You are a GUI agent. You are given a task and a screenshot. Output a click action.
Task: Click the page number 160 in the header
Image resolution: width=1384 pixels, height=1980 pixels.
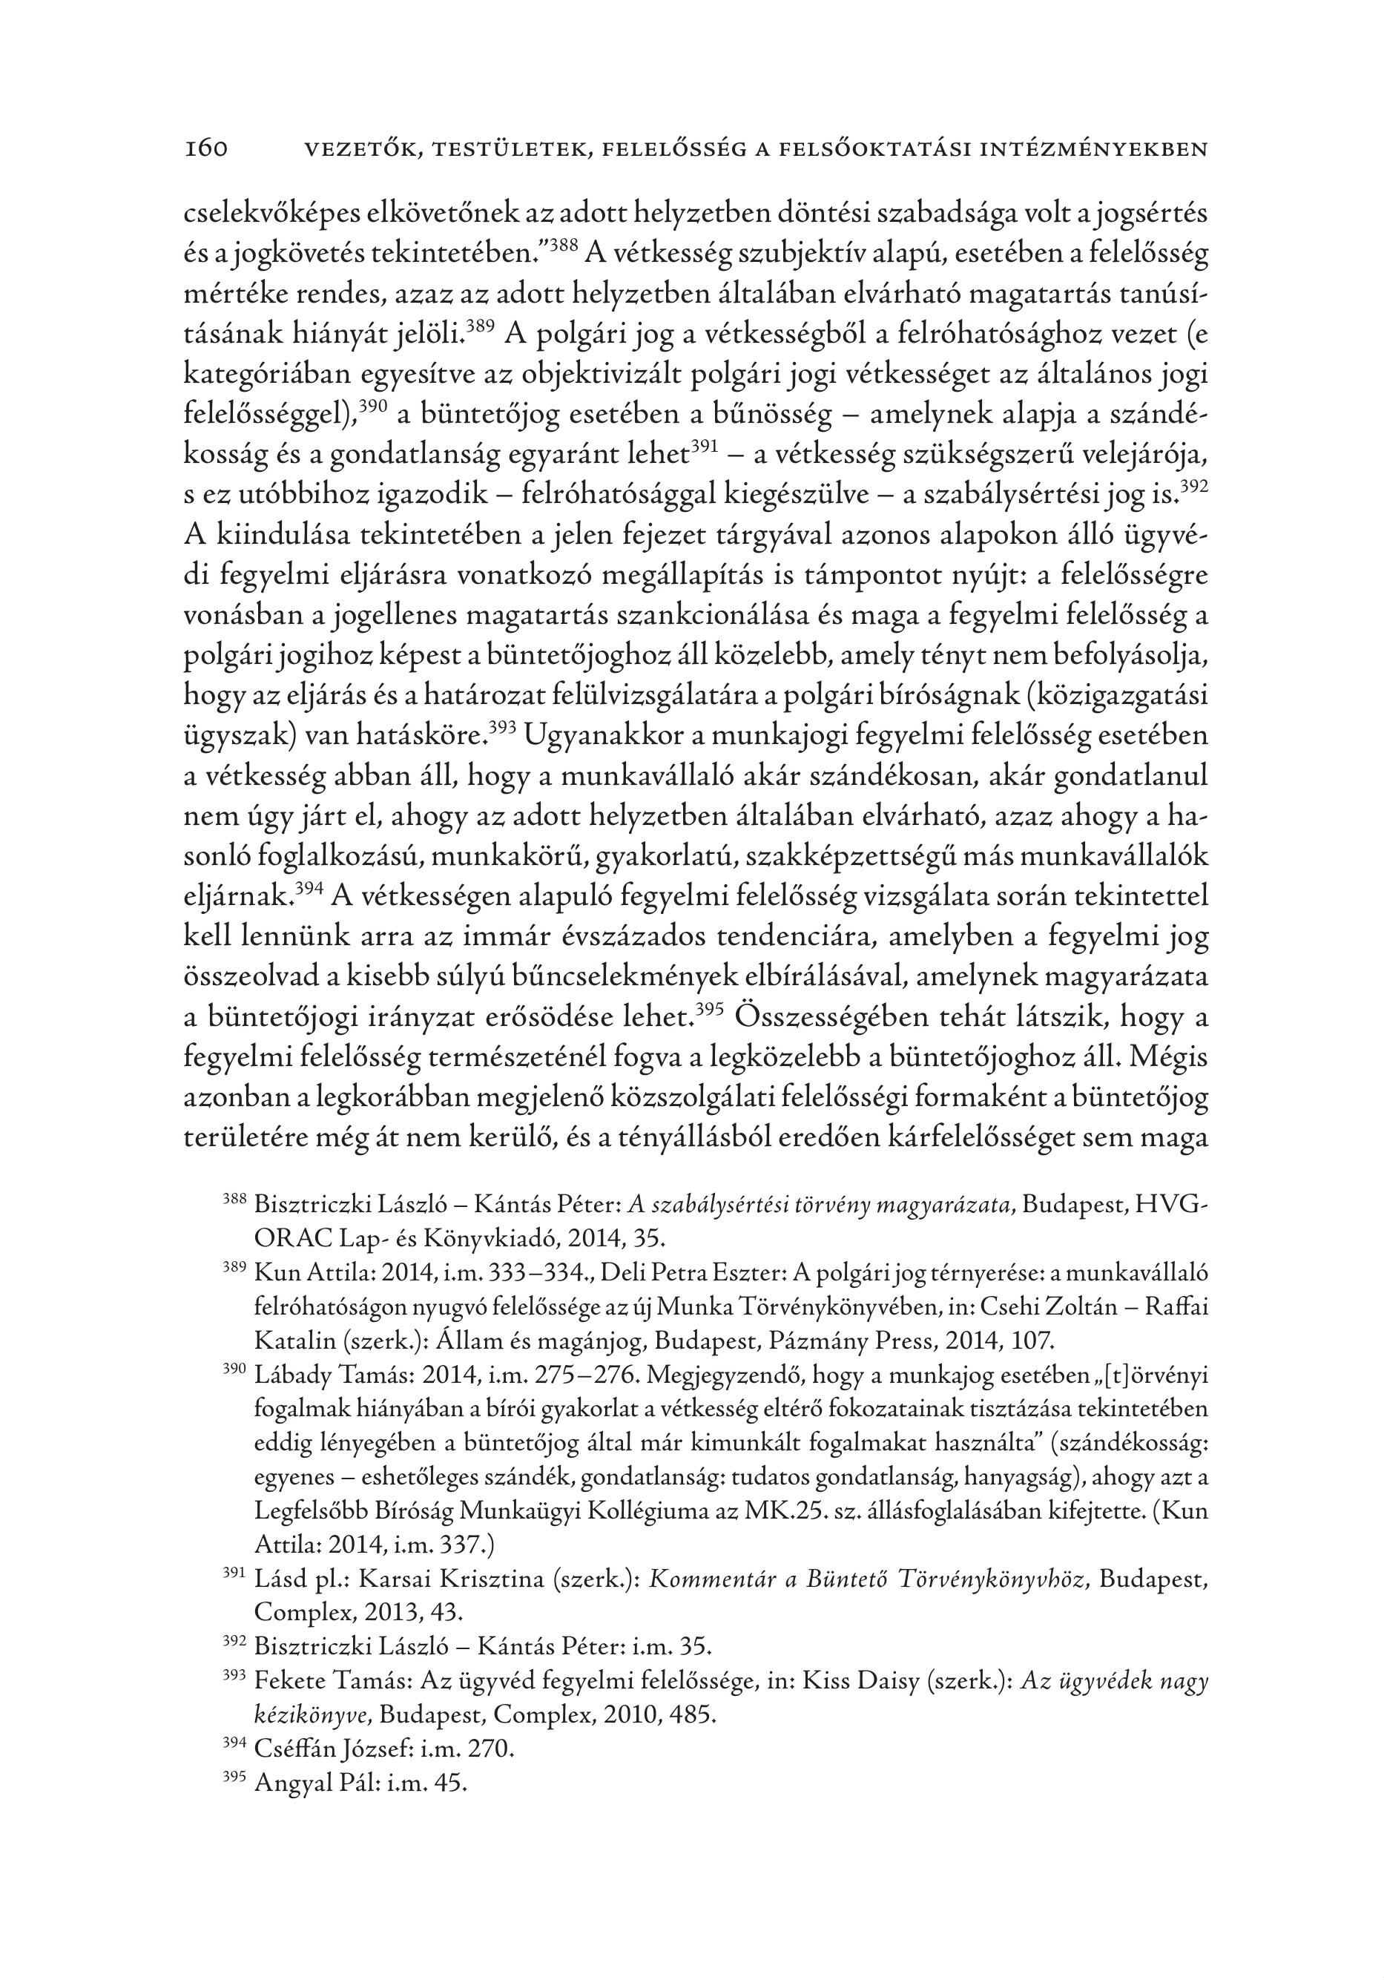(x=206, y=149)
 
